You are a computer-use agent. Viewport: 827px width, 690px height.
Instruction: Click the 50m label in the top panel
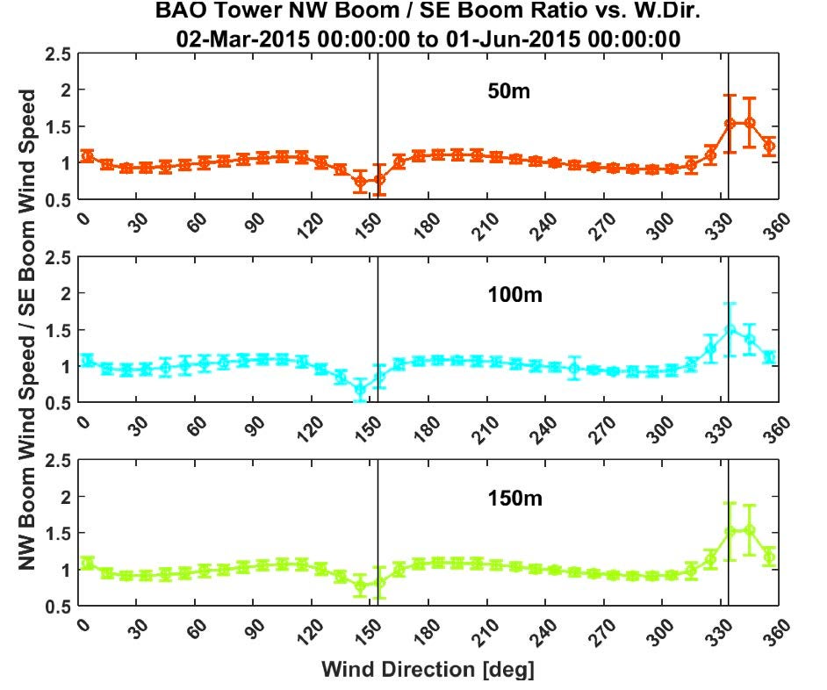pyautogui.click(x=510, y=91)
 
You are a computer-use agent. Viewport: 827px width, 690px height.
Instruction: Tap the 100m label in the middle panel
pyautogui.click(x=515, y=294)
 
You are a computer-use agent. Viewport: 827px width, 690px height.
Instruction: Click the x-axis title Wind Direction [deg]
pyautogui.click(x=427, y=670)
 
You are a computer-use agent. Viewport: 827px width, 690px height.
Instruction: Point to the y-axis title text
pyautogui.click(x=28, y=330)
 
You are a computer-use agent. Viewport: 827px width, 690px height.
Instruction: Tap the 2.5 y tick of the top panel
pyautogui.click(x=60, y=54)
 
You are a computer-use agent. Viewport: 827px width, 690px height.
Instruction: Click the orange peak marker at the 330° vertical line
pyautogui.click(x=730, y=124)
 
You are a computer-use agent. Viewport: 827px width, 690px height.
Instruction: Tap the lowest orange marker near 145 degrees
pyautogui.click(x=359, y=182)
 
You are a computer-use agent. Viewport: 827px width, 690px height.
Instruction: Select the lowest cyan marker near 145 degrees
pyautogui.click(x=359, y=389)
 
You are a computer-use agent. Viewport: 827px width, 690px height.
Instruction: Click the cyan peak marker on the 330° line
pyautogui.click(x=730, y=329)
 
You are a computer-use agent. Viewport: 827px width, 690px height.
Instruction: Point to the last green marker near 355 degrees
pyautogui.click(x=769, y=557)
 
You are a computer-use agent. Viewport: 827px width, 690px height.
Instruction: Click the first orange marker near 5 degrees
pyautogui.click(x=87, y=156)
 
